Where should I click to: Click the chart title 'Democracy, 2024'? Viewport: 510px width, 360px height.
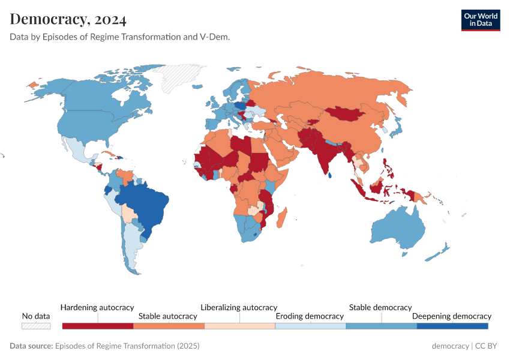coord(68,19)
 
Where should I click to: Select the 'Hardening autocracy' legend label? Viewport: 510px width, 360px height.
coord(97,307)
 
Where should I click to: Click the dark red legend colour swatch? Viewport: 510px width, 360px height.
coord(97,326)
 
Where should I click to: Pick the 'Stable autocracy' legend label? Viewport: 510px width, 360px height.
coord(168,316)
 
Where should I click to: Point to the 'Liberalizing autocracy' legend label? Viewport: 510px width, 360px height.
coord(239,307)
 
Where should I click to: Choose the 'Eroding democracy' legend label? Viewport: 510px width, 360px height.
coord(310,316)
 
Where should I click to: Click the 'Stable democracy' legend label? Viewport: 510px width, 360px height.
coord(380,307)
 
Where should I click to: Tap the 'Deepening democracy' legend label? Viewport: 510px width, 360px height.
coord(451,316)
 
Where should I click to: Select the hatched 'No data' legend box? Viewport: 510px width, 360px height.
coord(35,326)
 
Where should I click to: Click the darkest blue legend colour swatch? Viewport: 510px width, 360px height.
coord(452,326)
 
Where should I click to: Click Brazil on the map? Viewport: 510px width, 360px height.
coord(144,204)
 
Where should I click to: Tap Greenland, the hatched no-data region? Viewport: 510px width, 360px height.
coord(180,78)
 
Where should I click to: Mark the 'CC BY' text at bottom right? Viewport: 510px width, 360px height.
coord(488,346)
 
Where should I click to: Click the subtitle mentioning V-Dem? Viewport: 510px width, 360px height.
coord(120,37)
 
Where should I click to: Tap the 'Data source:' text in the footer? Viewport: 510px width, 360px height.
coord(31,346)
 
